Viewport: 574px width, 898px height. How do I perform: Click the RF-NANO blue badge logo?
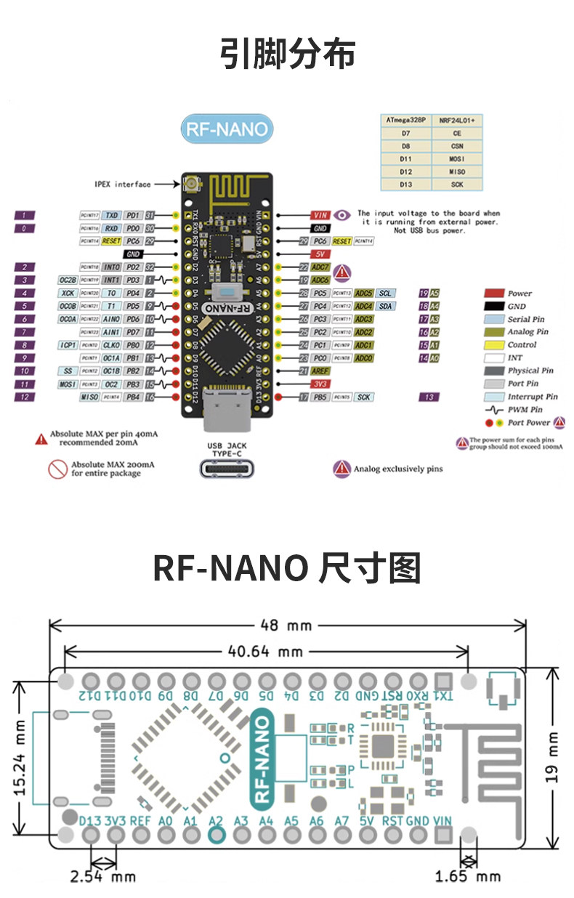(x=227, y=129)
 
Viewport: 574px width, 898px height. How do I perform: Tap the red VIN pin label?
(x=320, y=215)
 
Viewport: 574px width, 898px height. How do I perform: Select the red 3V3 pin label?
(x=320, y=384)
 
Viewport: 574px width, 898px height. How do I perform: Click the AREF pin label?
(x=320, y=371)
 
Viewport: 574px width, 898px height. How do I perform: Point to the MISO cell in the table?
(x=456, y=171)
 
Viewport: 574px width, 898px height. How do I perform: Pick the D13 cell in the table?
(x=406, y=185)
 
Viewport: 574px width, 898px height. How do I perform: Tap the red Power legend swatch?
(x=494, y=294)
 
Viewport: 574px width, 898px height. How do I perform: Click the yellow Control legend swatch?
(x=494, y=345)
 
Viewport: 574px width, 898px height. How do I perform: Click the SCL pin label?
(x=385, y=293)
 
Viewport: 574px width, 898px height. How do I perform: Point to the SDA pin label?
(x=385, y=306)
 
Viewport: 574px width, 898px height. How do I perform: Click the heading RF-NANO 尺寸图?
(x=287, y=567)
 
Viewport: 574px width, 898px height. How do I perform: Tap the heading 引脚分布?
(x=287, y=54)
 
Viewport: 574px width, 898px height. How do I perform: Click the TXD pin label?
(x=111, y=215)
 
